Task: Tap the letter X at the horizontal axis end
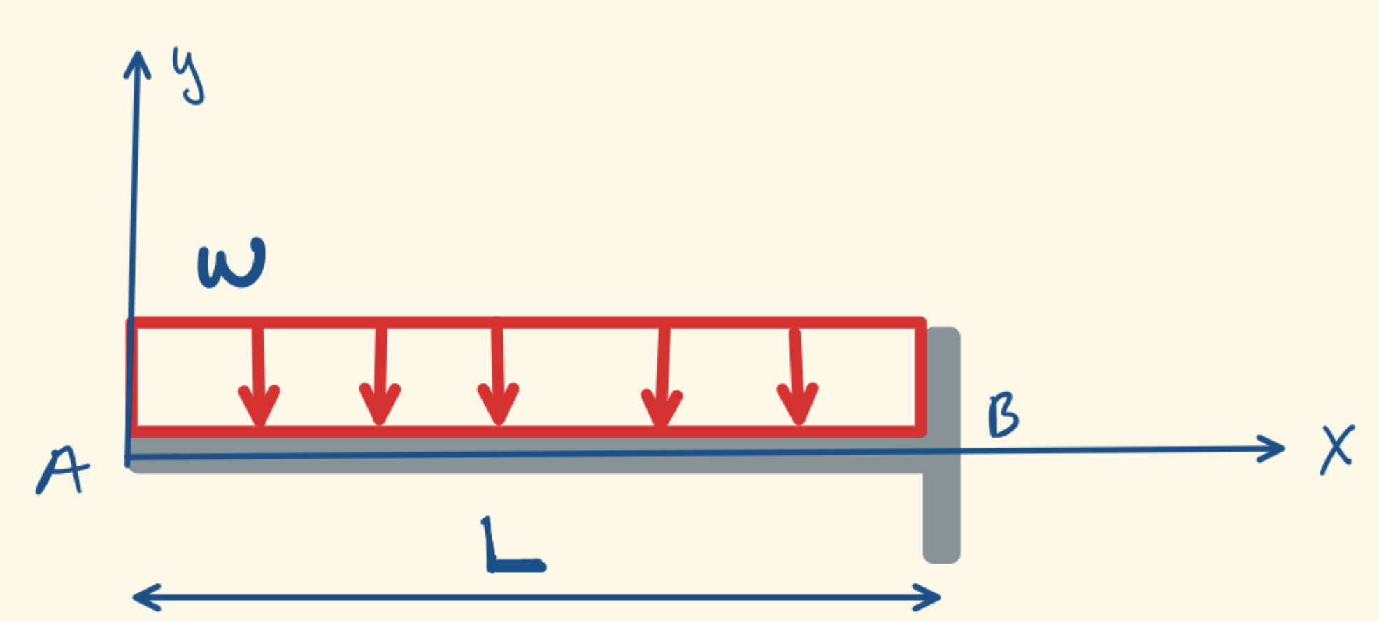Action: pyautogui.click(x=1337, y=450)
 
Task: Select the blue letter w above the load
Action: pyautogui.click(x=231, y=264)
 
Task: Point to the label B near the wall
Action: pyautogui.click(x=1003, y=415)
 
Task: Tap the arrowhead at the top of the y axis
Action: pyautogui.click(x=138, y=63)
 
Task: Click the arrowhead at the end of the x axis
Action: pyautogui.click(x=1273, y=448)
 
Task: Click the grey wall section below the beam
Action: pyautogui.click(x=941, y=517)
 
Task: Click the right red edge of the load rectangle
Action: pyautogui.click(x=920, y=378)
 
